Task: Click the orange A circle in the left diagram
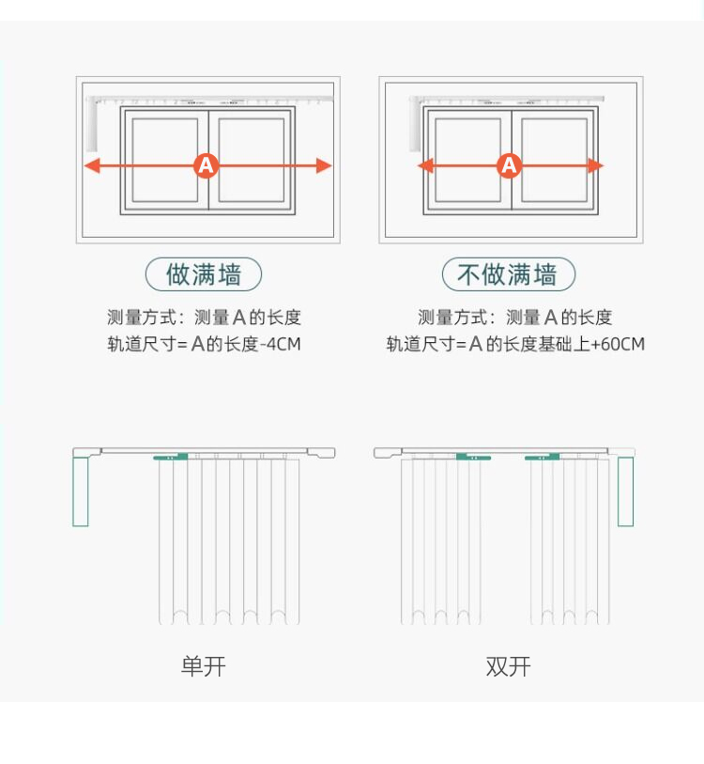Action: tap(207, 166)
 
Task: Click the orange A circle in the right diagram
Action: tap(509, 166)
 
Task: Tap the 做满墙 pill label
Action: tap(204, 274)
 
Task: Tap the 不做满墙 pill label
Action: tap(508, 274)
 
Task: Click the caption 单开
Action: tap(204, 667)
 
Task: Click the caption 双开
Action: tap(508, 667)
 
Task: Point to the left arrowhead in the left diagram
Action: tap(92, 166)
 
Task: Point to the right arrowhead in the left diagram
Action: tap(325, 166)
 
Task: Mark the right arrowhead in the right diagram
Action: tap(595, 166)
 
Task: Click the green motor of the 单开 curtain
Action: tap(81, 491)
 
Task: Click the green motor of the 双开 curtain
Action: tap(625, 491)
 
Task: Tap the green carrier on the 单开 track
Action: tap(171, 458)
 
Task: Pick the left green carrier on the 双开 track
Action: tap(474, 458)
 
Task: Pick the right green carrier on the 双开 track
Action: tap(543, 458)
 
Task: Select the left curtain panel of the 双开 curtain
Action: tap(441, 540)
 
